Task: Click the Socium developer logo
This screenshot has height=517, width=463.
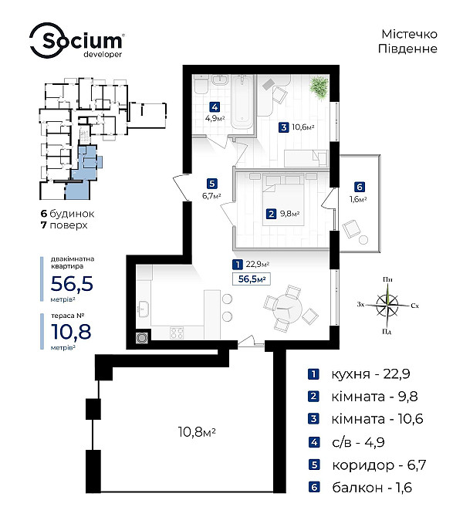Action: [x=76, y=41]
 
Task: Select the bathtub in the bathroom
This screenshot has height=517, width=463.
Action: [x=242, y=102]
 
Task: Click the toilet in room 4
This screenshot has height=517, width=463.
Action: [x=201, y=85]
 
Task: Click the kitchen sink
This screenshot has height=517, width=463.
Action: [x=144, y=309]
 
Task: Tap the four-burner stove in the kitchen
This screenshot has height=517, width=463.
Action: [x=177, y=333]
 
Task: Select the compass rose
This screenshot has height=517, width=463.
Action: [x=387, y=305]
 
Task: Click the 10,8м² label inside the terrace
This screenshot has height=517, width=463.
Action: [x=197, y=431]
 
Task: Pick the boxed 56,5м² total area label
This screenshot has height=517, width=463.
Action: [x=252, y=279]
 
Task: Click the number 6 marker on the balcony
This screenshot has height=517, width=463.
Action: [x=360, y=187]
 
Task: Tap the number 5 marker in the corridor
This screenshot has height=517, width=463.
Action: [x=211, y=184]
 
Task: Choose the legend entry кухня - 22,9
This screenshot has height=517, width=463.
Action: [x=359, y=374]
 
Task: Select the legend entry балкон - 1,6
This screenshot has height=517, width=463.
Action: [x=360, y=487]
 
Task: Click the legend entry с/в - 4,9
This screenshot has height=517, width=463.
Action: [x=346, y=442]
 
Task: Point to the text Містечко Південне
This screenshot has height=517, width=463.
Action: [x=408, y=41]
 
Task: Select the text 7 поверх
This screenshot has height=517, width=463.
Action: [x=64, y=225]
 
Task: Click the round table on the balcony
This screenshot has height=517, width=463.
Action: [x=363, y=240]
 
